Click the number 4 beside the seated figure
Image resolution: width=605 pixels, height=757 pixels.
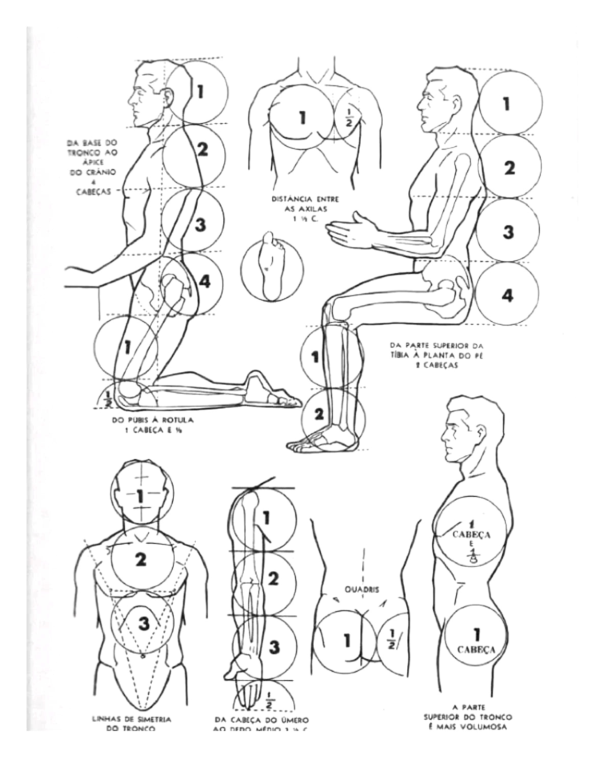(x=507, y=295)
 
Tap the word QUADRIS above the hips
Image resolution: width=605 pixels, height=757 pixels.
(x=362, y=589)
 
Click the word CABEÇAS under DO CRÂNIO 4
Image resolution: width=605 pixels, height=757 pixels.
(x=94, y=192)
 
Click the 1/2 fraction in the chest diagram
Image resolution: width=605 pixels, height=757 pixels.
(x=349, y=118)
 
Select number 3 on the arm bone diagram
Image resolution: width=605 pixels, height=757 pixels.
(x=274, y=647)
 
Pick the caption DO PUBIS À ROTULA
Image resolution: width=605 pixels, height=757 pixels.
(x=152, y=425)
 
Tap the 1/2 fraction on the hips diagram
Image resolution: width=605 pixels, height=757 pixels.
(x=391, y=639)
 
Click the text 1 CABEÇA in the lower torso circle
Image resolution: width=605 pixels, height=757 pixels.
(x=476, y=641)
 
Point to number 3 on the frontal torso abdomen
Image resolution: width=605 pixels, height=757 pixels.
(x=144, y=623)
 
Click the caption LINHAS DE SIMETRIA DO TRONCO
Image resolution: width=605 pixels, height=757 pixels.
(x=131, y=723)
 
